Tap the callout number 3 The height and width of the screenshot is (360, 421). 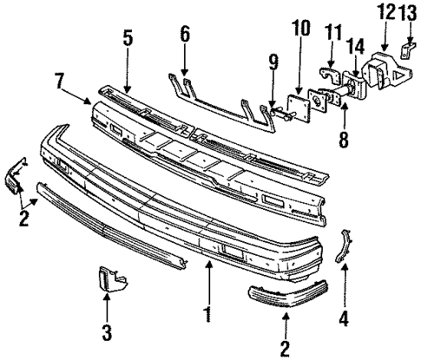(x=106, y=331)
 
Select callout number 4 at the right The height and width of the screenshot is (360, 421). (x=345, y=317)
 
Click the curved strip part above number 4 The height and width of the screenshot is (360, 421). (x=345, y=245)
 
